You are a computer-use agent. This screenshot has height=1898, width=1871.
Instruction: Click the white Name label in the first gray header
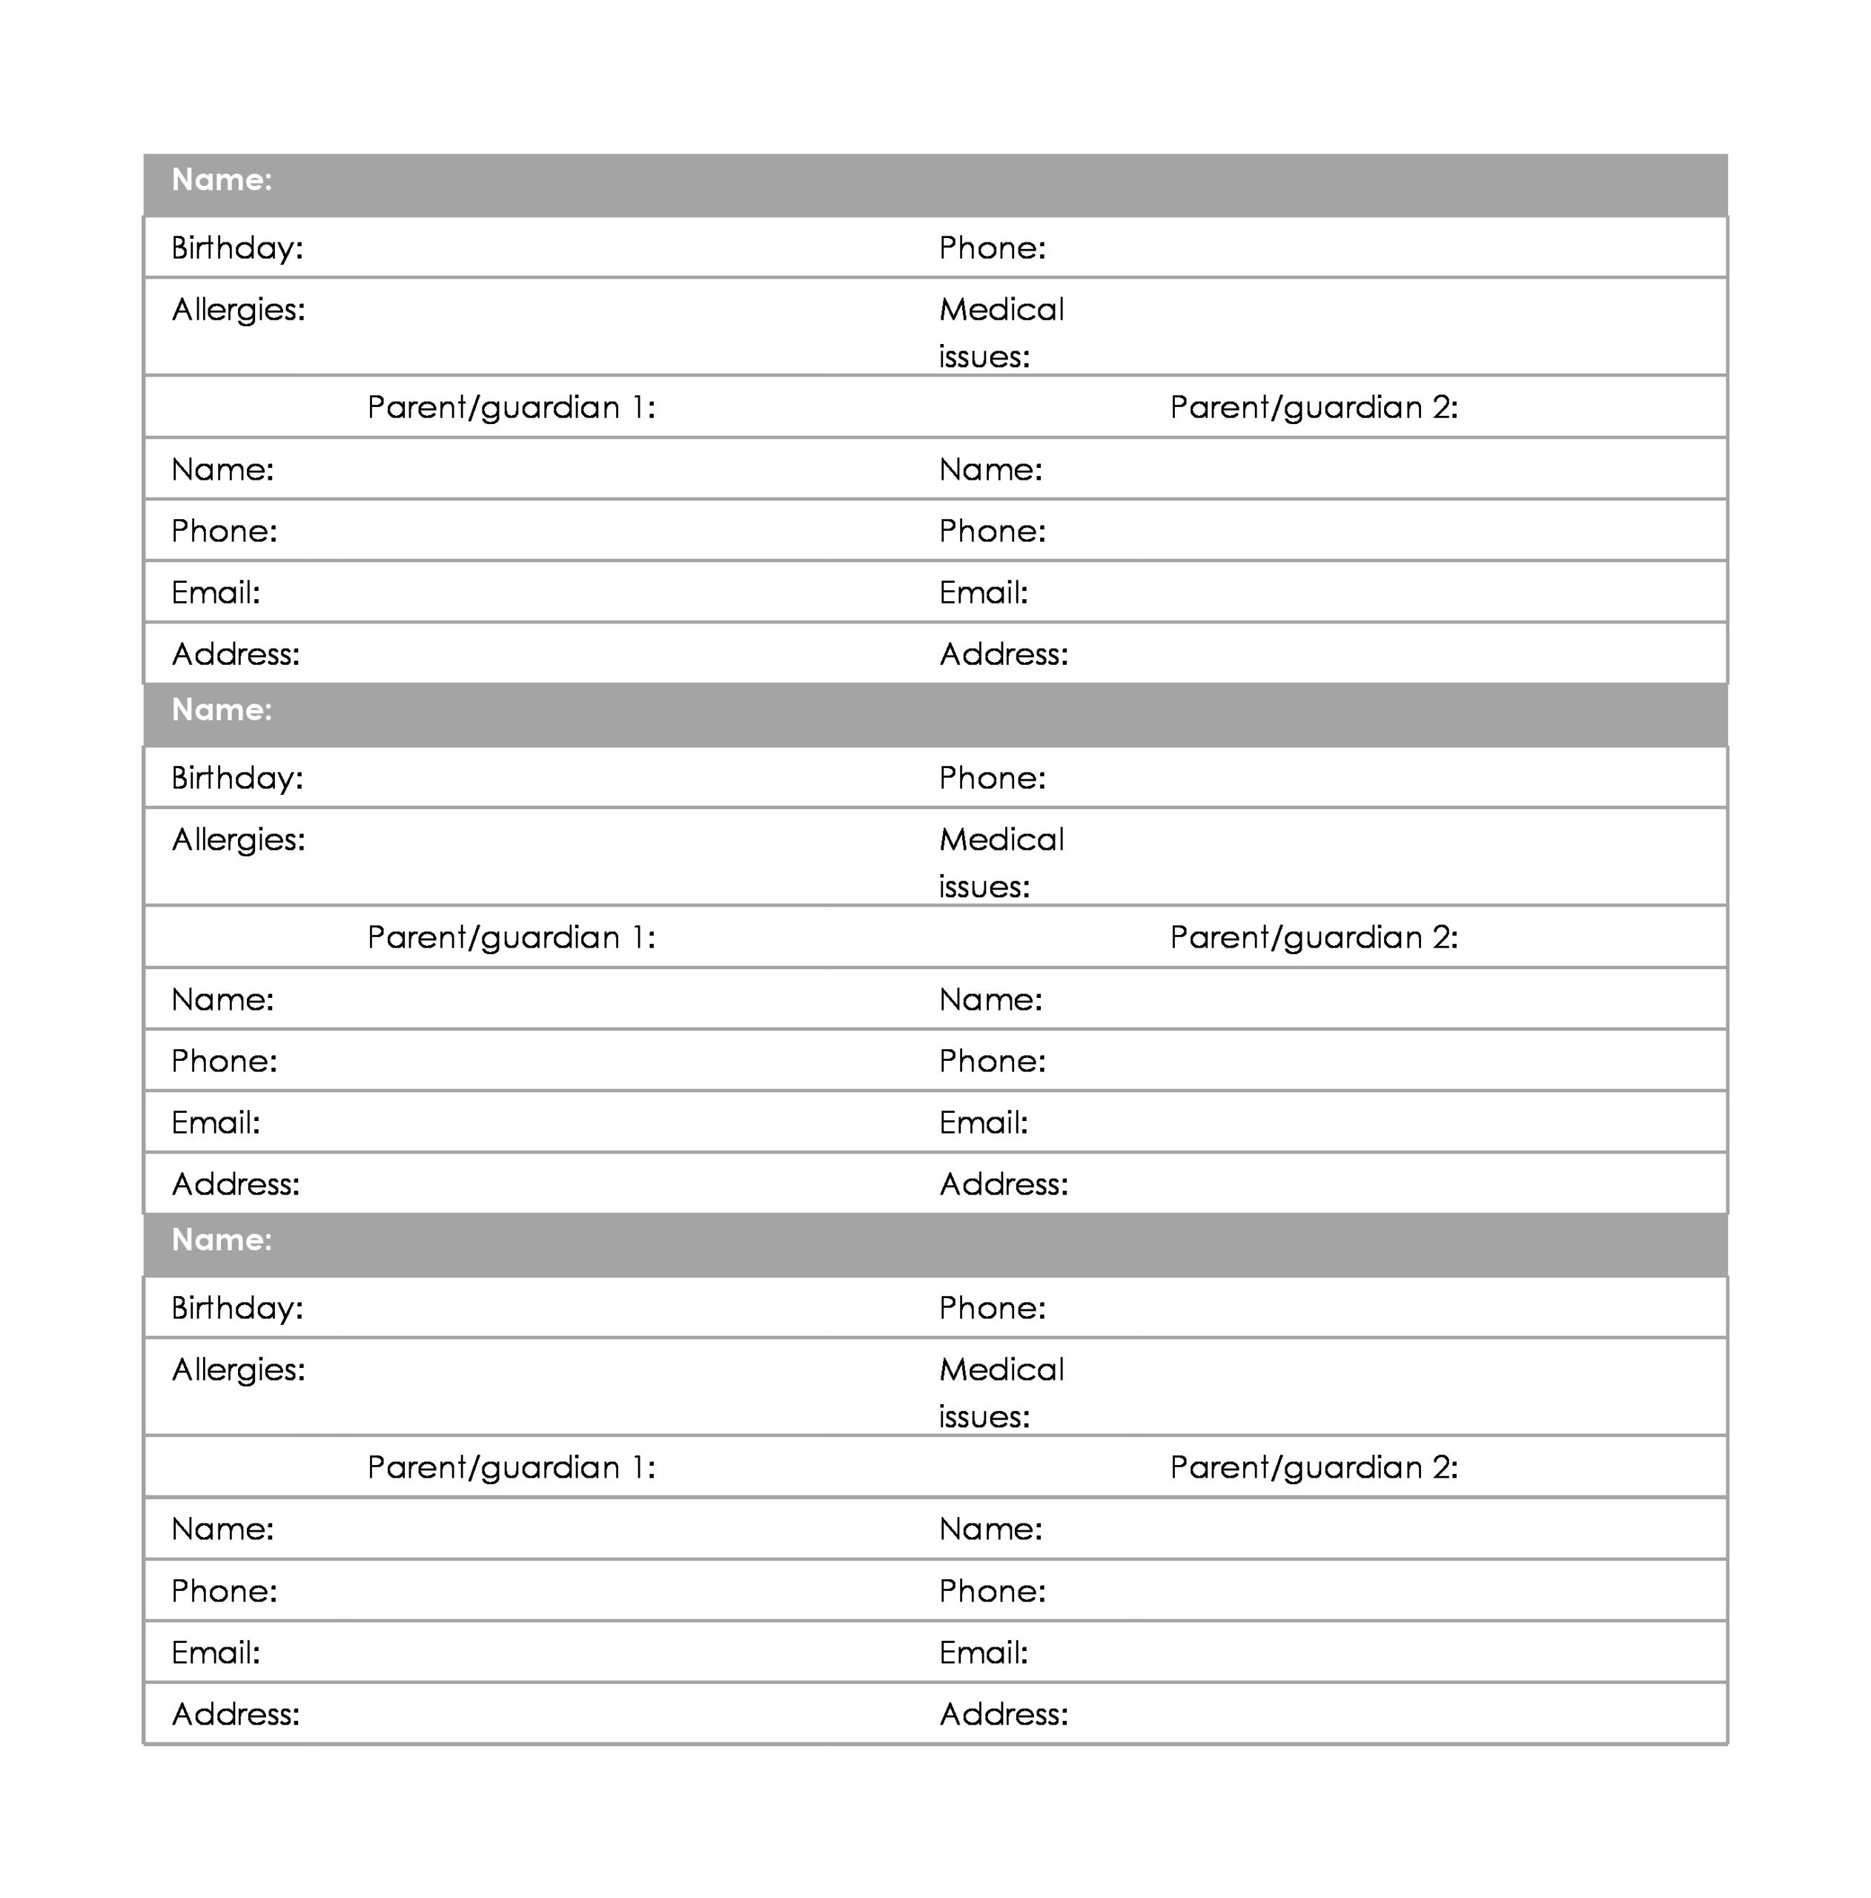pyautogui.click(x=221, y=179)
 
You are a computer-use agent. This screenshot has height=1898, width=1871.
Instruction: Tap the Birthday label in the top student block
pyautogui.click(x=236, y=248)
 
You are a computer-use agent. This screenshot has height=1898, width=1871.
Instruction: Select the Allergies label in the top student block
pyautogui.click(x=238, y=309)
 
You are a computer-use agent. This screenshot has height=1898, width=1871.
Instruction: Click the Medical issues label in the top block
pyautogui.click(x=1000, y=332)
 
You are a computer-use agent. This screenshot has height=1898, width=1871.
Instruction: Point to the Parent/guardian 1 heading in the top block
pyautogui.click(x=511, y=407)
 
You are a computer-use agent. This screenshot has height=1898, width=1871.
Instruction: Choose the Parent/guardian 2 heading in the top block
pyautogui.click(x=1313, y=407)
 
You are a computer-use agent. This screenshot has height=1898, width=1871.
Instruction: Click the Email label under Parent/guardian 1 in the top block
pyautogui.click(x=215, y=592)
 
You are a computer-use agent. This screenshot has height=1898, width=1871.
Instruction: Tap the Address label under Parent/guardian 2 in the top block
pyautogui.click(x=1003, y=654)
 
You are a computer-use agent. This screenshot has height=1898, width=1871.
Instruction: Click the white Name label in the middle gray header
pyautogui.click(x=221, y=710)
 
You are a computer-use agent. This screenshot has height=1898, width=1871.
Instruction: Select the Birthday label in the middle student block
pyautogui.click(x=236, y=778)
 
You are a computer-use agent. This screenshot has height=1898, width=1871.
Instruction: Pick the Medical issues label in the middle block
pyautogui.click(x=1000, y=862)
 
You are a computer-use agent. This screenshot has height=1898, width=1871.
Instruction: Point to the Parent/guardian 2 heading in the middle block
pyautogui.click(x=1313, y=937)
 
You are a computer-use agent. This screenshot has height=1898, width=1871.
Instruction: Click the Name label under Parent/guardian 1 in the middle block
pyautogui.click(x=222, y=999)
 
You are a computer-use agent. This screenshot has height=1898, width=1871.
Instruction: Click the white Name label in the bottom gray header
pyautogui.click(x=221, y=1240)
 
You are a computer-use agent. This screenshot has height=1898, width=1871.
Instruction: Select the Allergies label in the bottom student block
pyautogui.click(x=238, y=1369)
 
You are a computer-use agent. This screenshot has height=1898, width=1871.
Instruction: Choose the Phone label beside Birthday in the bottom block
pyautogui.click(x=992, y=1308)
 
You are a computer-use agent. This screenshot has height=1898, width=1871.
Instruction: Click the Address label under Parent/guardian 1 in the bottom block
pyautogui.click(x=235, y=1714)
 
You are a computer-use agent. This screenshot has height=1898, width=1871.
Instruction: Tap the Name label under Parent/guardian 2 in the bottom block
pyautogui.click(x=990, y=1529)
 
